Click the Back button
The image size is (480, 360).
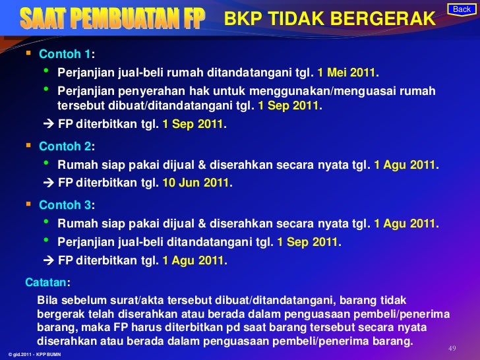coord(462,9)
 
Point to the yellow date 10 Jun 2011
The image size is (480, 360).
coord(196,182)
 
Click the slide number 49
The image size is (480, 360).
coord(452,348)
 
